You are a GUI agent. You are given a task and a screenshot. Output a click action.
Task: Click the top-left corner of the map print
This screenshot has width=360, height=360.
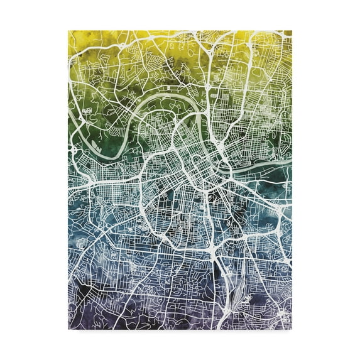pos(68,30)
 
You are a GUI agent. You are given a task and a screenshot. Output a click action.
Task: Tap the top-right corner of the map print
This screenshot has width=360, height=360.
pos(292,30)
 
